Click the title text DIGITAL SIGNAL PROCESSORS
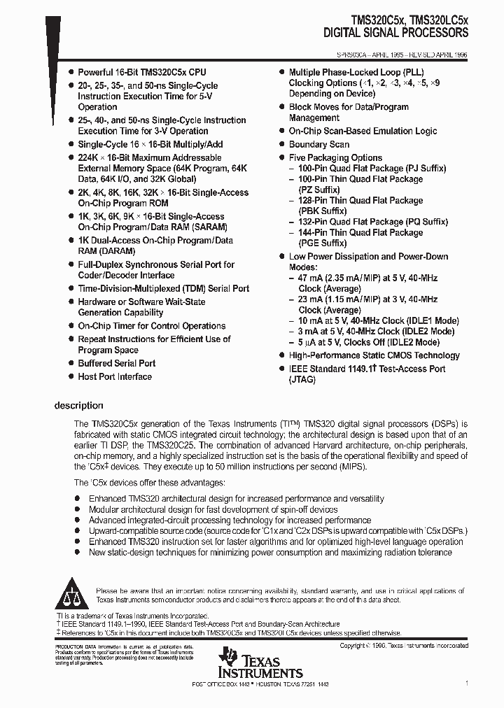(395, 33)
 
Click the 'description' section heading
(79, 406)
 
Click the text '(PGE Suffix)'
(323, 243)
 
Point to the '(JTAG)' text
(302, 380)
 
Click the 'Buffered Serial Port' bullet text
(117, 364)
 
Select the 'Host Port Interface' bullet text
(115, 377)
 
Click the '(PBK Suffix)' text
(323, 211)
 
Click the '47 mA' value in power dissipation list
(314, 278)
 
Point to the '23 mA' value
(314, 299)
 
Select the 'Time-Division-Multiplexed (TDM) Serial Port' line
(163, 289)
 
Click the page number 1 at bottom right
(466, 682)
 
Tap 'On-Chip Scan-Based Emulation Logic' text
(363, 132)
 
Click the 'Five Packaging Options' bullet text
(335, 158)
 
